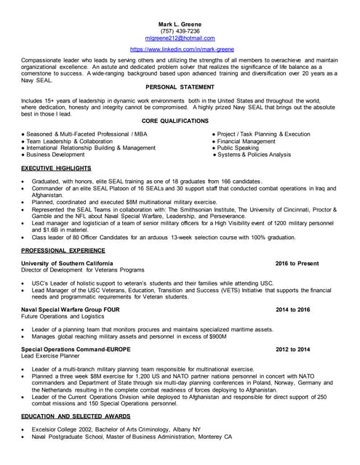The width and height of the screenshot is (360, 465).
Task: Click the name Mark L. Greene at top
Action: coord(180,24)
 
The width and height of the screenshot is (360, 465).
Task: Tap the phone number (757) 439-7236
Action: coord(180,31)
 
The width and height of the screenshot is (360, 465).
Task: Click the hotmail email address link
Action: coord(180,38)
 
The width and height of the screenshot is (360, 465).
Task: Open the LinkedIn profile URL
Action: coord(180,49)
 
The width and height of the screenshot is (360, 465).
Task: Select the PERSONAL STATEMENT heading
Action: coord(180,86)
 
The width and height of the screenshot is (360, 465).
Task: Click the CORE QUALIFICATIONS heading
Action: coord(180,121)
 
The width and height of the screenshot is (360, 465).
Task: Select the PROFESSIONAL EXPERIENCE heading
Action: coord(64,249)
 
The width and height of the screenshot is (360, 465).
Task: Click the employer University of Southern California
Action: coord(68,262)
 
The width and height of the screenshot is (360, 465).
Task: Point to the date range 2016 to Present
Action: coord(297,262)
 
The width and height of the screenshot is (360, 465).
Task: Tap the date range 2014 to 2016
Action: coord(292,310)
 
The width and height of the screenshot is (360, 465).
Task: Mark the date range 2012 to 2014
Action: coord(292,349)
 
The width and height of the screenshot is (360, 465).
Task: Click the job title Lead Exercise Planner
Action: coord(50,357)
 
